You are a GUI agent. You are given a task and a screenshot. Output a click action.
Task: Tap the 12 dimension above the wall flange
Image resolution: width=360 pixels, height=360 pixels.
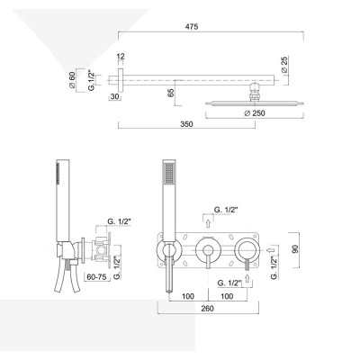(x=121, y=56)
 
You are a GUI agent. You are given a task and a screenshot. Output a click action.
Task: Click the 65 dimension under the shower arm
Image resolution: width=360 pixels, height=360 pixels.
(x=170, y=93)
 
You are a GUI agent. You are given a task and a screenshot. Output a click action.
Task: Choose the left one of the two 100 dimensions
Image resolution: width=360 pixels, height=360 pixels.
(x=189, y=294)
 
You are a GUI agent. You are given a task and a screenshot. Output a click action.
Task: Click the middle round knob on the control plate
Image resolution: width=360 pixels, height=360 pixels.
(x=208, y=249)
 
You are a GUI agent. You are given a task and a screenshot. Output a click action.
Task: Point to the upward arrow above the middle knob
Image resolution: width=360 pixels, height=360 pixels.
(x=208, y=219)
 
